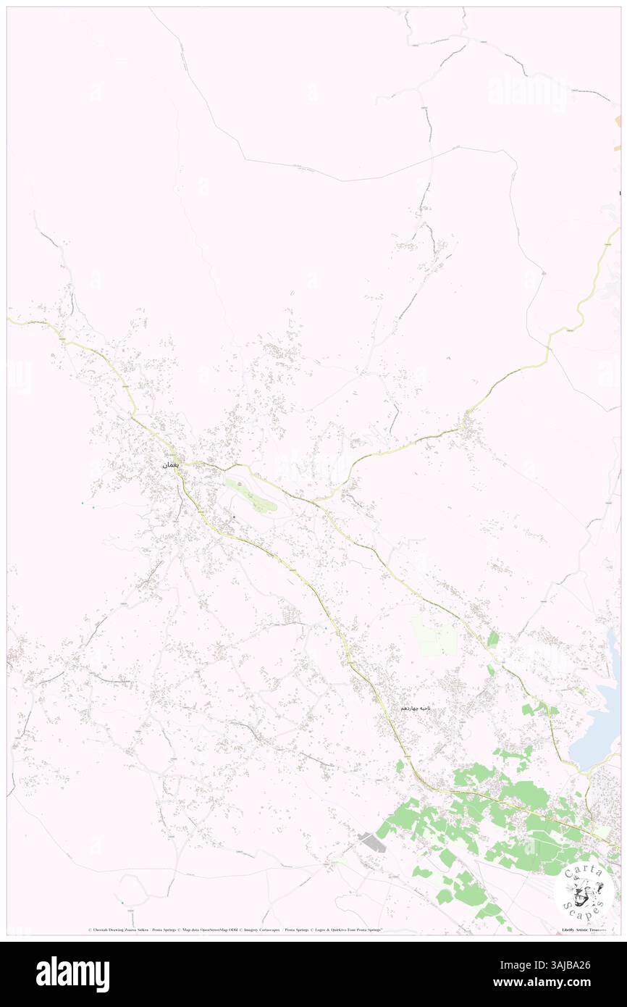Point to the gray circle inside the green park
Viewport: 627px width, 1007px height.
click(240, 483)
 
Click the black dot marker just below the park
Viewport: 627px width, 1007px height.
click(234, 517)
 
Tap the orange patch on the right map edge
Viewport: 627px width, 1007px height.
click(618, 121)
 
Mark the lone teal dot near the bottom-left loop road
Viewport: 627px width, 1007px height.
click(122, 902)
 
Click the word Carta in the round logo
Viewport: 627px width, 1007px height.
click(581, 872)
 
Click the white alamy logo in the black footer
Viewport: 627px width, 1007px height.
click(72, 974)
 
